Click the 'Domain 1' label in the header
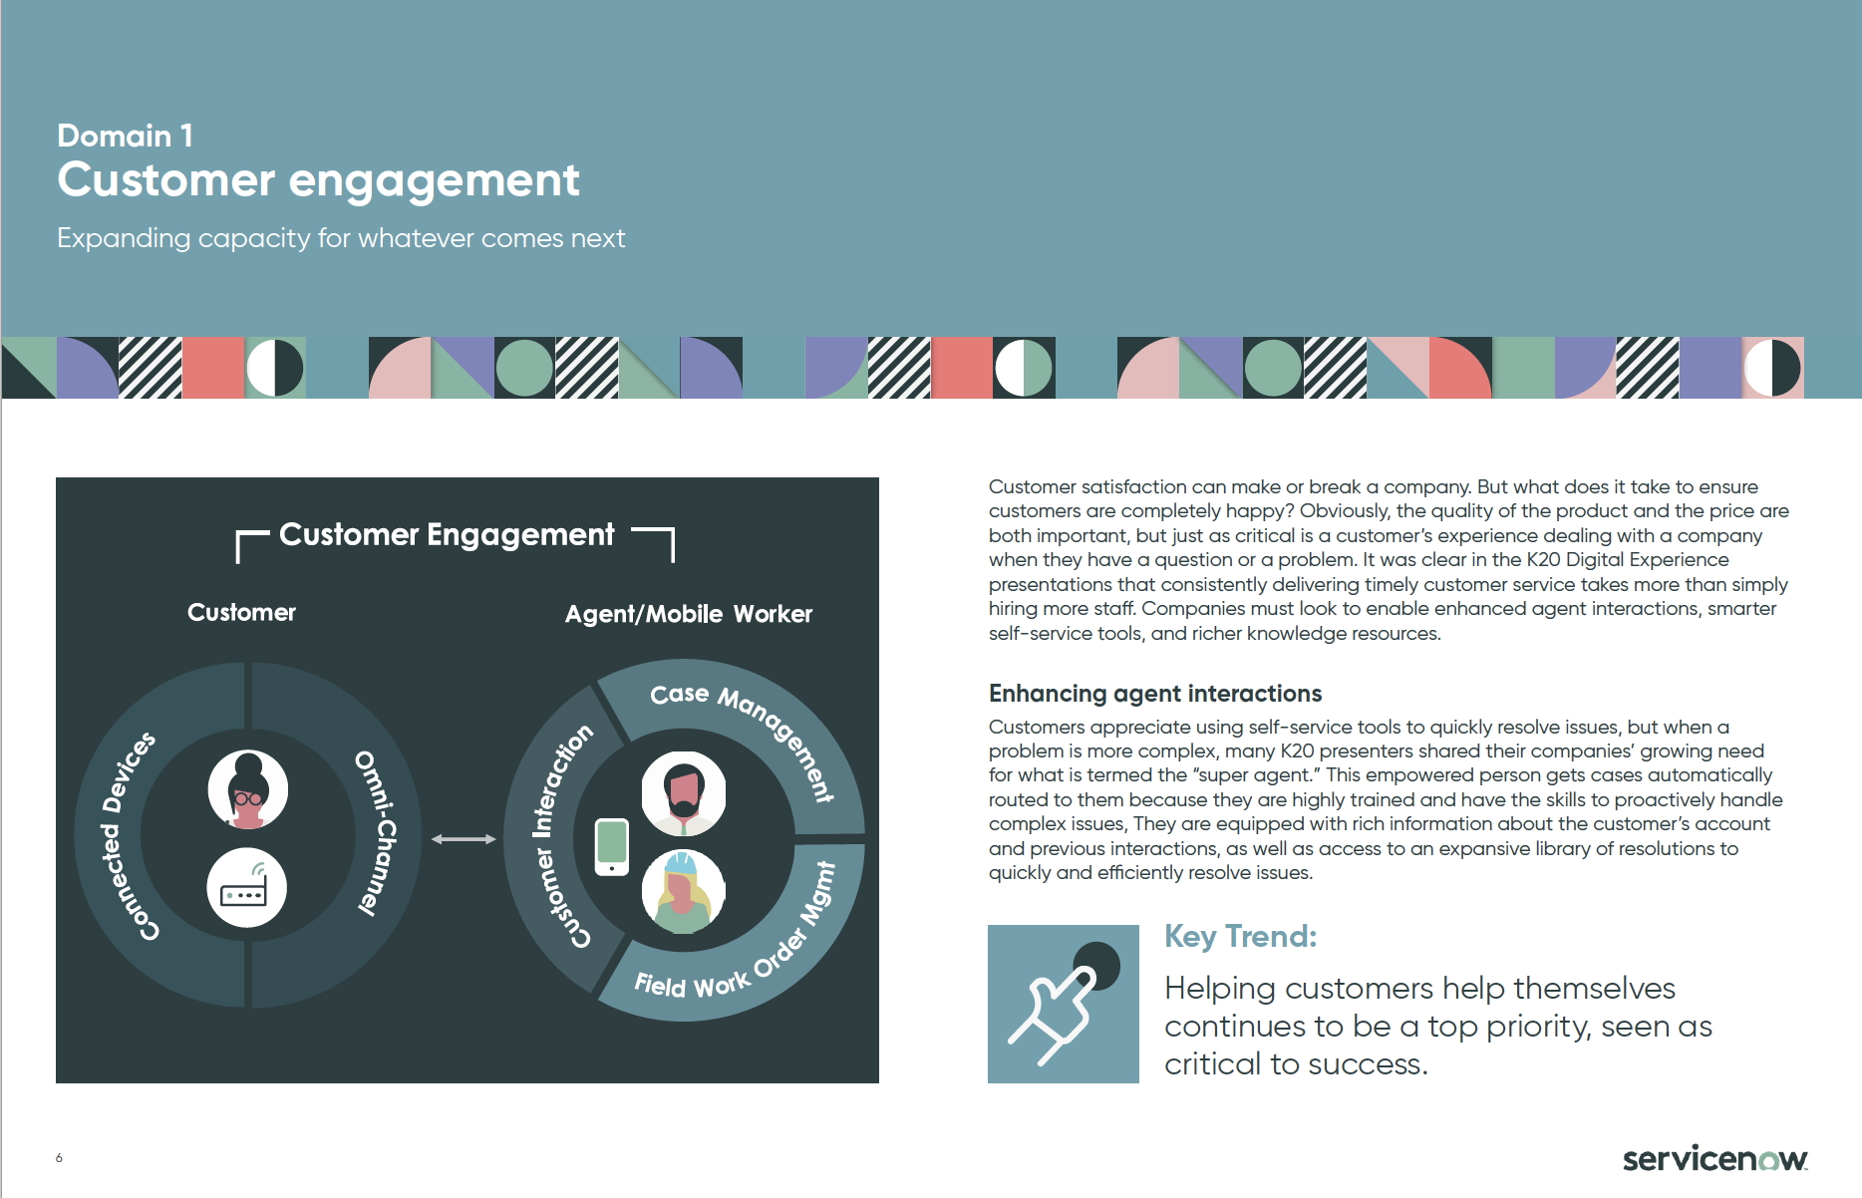coord(125,136)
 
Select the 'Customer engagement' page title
coord(318,181)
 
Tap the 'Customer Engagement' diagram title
coord(447,535)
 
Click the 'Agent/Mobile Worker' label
coord(689,614)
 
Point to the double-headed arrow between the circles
coord(464,839)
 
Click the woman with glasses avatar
coord(248,789)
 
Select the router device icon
coord(246,887)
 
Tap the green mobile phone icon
coord(612,846)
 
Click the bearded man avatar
coord(684,793)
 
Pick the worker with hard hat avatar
coord(684,891)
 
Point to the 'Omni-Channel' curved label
coord(377,833)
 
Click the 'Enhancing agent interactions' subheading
coord(1155,694)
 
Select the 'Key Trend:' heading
coord(1241,937)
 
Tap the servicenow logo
coord(1715,1158)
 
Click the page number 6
coord(60,1158)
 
